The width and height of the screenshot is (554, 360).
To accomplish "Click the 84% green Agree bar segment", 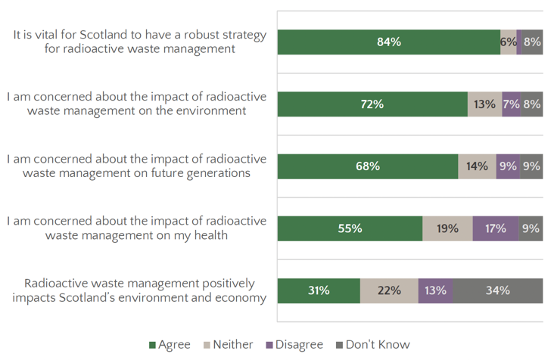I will (x=388, y=42).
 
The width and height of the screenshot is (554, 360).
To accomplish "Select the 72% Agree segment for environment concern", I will (x=372, y=104).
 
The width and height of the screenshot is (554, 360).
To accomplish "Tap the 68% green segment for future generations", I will (x=368, y=166).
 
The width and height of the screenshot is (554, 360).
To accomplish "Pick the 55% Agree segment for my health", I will (x=350, y=228).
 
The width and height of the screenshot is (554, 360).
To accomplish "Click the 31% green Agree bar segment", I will (x=319, y=290).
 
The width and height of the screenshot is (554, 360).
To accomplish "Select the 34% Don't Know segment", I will (x=497, y=290).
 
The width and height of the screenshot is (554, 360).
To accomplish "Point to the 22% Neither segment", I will (x=389, y=290).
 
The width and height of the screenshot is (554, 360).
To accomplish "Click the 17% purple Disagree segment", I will (x=496, y=228).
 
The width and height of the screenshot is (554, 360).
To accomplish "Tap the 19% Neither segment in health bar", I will (x=447, y=228).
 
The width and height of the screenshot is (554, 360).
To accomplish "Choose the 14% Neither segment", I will (x=477, y=166).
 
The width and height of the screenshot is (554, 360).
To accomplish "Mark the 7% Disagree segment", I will (x=511, y=104).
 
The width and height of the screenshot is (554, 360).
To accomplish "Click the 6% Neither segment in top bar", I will (x=508, y=42).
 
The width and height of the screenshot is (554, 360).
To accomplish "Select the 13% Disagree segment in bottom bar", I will (x=435, y=290).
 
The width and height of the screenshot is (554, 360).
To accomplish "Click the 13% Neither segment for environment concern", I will (x=484, y=104).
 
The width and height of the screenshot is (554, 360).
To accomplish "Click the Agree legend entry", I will (x=170, y=345).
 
